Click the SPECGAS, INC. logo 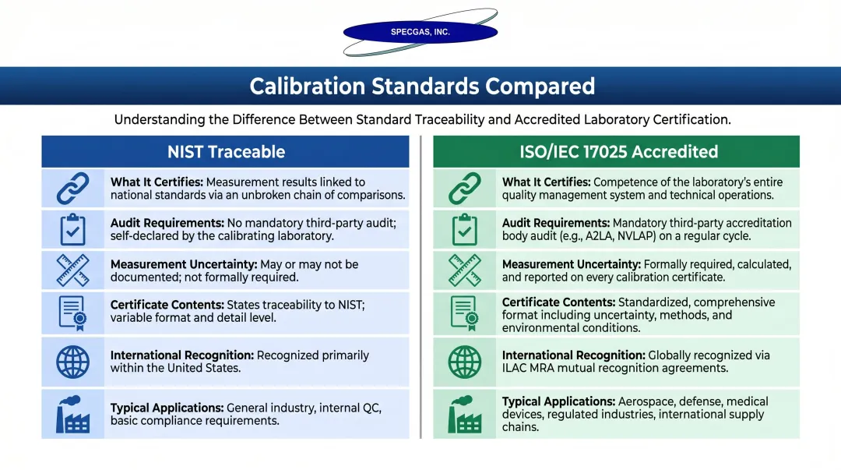420,32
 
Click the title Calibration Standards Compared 421,86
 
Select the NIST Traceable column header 226,152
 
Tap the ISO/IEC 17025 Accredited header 618,152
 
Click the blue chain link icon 73,189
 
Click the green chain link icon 465,189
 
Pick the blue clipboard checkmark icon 73,229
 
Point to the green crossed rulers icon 465,270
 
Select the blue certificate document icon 73,312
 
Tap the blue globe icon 73,362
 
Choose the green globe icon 465,362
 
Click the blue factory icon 73,414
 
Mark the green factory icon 465,414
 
